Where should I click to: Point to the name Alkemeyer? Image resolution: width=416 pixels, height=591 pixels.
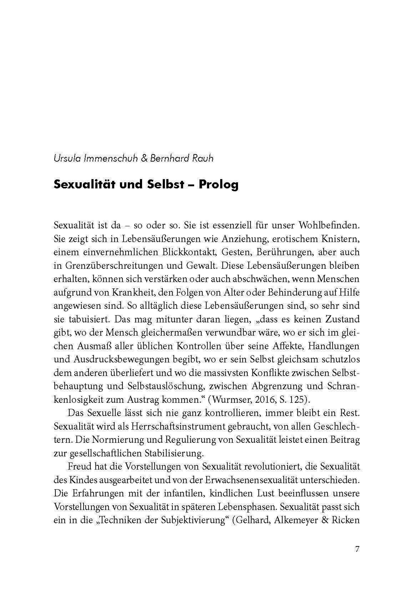point(296,520)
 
